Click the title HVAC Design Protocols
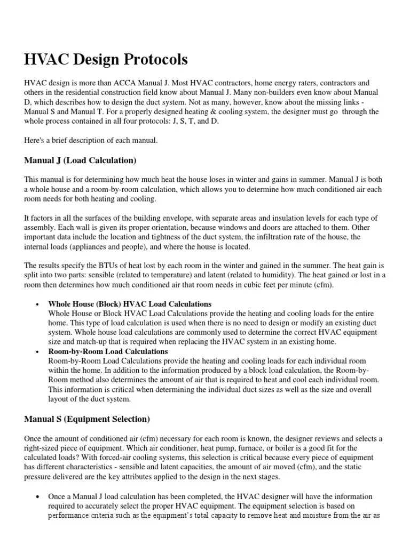(106, 60)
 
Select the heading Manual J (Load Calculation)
(81, 160)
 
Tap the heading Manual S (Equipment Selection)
(87, 419)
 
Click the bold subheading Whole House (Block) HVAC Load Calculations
(130, 304)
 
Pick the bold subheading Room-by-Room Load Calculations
(108, 352)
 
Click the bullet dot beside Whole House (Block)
(37, 304)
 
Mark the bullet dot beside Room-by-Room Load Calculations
(37, 352)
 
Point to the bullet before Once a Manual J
(37, 497)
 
